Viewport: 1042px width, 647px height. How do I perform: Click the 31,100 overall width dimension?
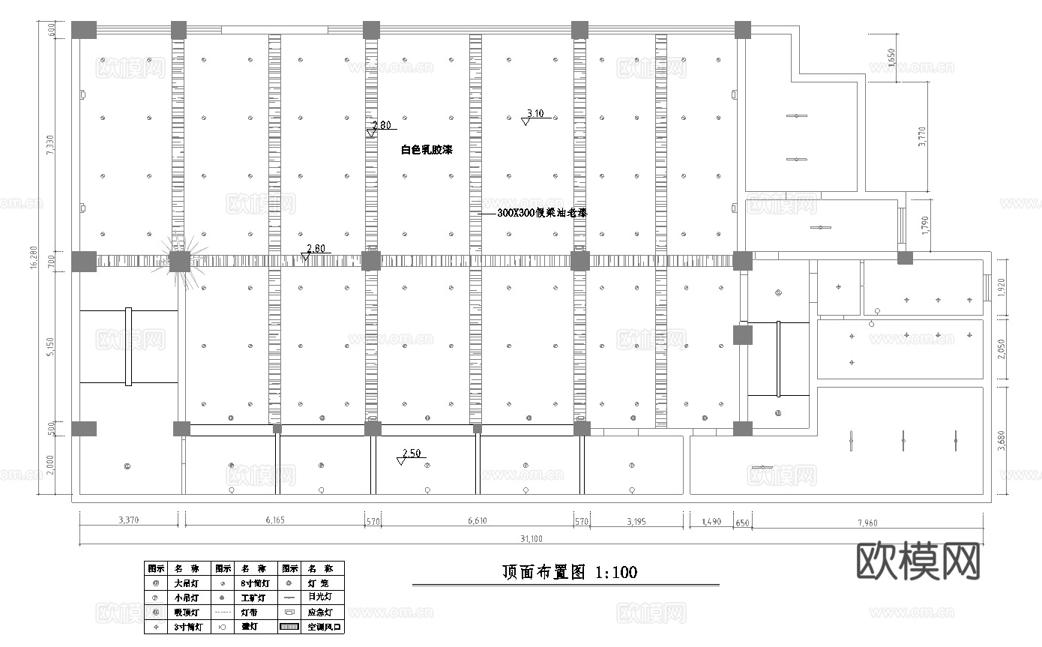pyautogui.click(x=531, y=538)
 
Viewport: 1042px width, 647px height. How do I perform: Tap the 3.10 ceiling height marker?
pyautogui.click(x=535, y=114)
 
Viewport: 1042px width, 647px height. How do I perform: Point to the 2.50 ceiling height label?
pyautogui.click(x=412, y=454)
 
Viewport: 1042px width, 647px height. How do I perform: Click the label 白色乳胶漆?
pyautogui.click(x=427, y=150)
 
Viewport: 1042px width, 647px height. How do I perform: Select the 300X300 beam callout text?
pyautogui.click(x=543, y=213)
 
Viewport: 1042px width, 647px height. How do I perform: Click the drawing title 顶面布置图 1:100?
pyautogui.click(x=570, y=573)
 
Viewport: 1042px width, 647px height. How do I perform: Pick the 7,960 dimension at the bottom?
pyautogui.click(x=867, y=522)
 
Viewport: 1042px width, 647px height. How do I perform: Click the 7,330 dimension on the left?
pyautogui.click(x=50, y=144)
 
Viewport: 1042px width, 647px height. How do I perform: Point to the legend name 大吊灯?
pyautogui.click(x=187, y=583)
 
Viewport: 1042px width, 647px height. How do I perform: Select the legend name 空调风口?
pyautogui.click(x=322, y=627)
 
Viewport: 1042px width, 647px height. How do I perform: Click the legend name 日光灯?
pyautogui.click(x=322, y=598)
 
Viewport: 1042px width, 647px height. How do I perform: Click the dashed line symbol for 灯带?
pyautogui.click(x=223, y=613)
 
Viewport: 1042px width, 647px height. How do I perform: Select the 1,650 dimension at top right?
pyautogui.click(x=891, y=57)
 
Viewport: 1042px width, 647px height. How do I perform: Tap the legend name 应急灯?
pyautogui.click(x=322, y=613)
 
